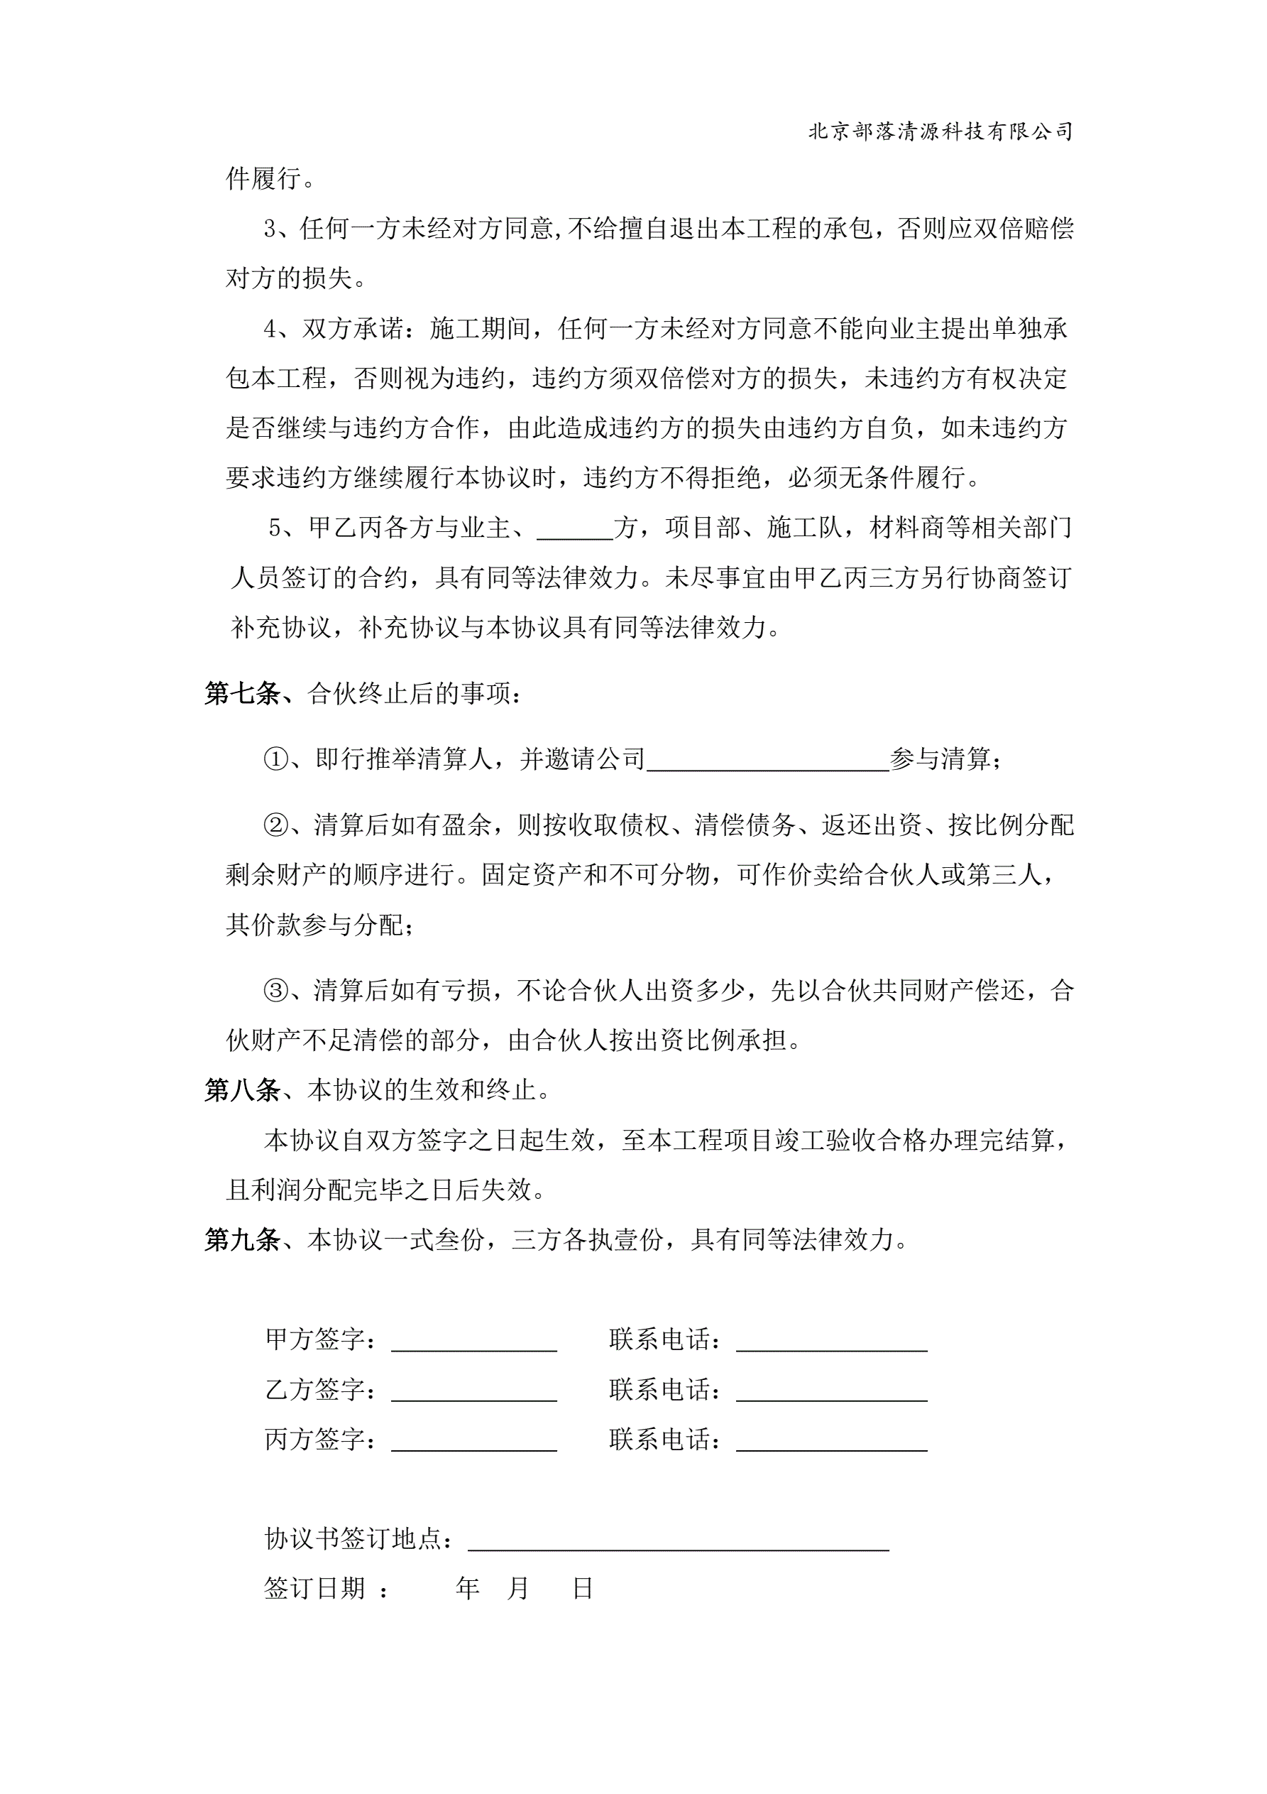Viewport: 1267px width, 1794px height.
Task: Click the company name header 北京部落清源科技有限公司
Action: pos(940,131)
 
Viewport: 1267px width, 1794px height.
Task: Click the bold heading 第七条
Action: pos(242,693)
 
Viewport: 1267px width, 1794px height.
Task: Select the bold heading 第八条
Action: pos(242,1090)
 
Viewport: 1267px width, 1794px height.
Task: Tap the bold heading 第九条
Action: pos(242,1239)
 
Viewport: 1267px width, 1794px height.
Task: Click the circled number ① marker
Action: pos(275,759)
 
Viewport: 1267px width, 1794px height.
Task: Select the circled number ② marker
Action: pos(275,825)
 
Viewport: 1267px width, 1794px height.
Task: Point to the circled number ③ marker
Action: pos(275,991)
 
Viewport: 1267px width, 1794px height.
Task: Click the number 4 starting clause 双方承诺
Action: pos(270,330)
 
